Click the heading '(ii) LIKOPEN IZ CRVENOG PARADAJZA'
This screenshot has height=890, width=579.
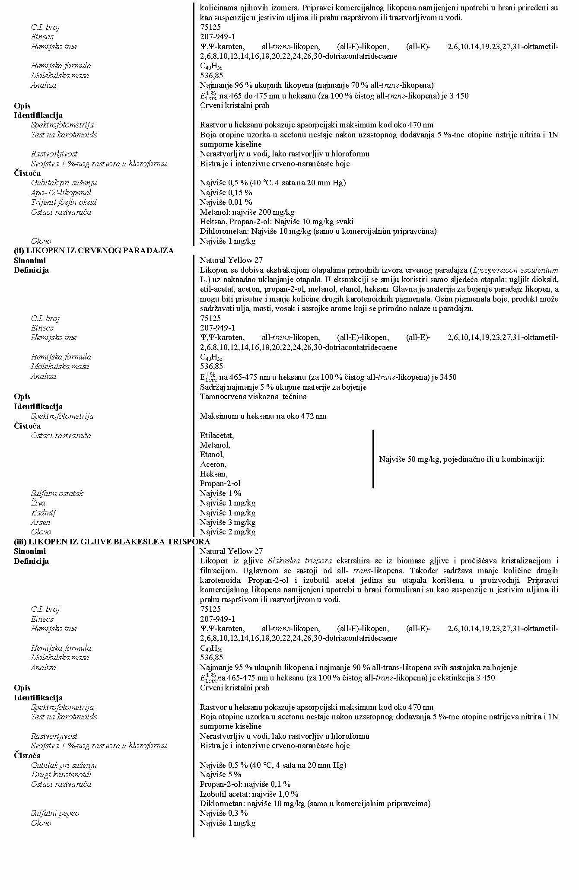click(94, 251)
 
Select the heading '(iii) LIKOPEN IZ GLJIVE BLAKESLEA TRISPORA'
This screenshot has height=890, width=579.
click(112, 541)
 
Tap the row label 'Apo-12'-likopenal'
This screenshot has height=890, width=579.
click(61, 193)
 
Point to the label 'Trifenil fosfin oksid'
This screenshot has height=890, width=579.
click(64, 202)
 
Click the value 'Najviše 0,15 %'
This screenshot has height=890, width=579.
click(226, 193)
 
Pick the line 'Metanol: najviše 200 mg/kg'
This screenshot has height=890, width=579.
click(247, 212)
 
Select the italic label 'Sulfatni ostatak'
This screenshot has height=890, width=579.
click(57, 493)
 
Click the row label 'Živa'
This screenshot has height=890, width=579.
click(38, 503)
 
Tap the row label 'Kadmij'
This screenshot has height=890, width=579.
click(43, 513)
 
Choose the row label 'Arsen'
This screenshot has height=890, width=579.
click(41, 522)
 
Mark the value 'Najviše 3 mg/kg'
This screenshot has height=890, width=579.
click(227, 522)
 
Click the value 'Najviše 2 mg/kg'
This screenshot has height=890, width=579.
click(227, 532)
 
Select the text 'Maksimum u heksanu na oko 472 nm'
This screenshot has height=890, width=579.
click(263, 416)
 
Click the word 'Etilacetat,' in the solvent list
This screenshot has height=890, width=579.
click(216, 435)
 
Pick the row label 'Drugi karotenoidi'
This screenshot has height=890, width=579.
click(61, 775)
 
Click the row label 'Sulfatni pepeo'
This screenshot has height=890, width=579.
click(55, 813)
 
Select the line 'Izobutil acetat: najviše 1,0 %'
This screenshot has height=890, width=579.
click(249, 794)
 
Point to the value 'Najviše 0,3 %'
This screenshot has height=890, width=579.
click(223, 813)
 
